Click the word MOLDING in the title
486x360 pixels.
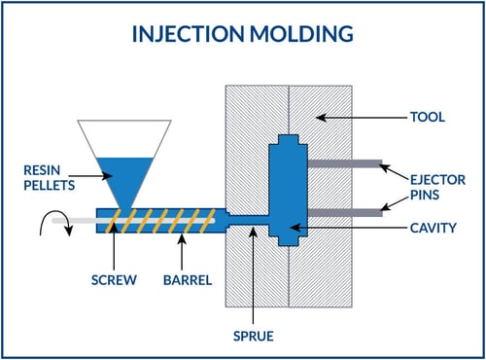[x=302, y=36]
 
